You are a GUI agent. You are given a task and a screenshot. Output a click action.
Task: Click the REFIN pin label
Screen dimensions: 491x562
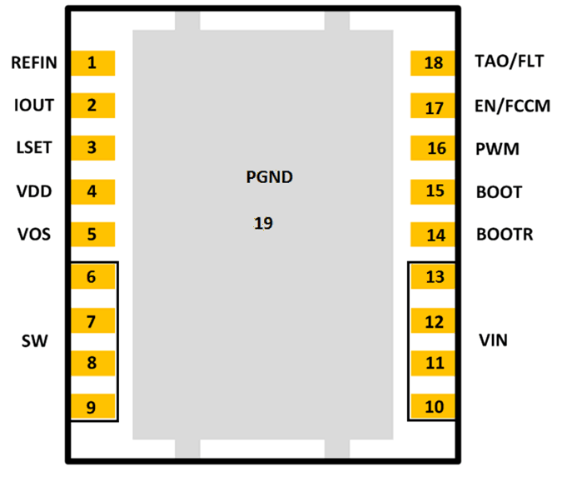(34, 62)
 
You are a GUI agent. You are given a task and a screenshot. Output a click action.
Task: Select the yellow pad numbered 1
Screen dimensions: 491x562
(92, 62)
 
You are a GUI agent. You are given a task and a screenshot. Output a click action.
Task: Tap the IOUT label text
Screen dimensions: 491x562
(34, 105)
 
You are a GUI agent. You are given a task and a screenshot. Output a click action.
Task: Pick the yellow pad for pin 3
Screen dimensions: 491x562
(92, 148)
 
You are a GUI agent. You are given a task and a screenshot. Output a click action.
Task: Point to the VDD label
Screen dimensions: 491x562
(34, 191)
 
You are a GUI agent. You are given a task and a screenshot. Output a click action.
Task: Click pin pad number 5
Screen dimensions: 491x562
(92, 234)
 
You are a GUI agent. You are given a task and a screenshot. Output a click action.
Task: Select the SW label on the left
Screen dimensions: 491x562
(34, 341)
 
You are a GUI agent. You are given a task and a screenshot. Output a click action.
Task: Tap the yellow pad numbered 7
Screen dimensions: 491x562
(92, 321)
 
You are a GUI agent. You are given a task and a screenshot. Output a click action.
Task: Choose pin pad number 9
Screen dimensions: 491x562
(92, 407)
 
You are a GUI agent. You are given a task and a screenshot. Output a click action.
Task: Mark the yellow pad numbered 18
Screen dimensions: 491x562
(433, 63)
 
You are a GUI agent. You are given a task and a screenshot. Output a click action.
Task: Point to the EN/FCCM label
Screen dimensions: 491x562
(511, 106)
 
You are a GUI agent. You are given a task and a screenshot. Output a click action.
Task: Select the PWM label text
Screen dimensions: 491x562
(497, 150)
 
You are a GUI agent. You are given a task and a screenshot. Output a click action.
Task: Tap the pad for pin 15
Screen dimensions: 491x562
(433, 191)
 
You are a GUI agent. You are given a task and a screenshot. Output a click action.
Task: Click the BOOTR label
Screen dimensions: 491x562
(504, 235)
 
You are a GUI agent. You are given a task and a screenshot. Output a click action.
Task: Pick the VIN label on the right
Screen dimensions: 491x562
(493, 340)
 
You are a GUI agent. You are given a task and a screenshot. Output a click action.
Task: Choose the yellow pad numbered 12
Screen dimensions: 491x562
(433, 321)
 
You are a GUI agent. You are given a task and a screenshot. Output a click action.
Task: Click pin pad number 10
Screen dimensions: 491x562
(433, 407)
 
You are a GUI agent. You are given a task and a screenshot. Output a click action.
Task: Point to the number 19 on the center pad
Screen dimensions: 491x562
(263, 223)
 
